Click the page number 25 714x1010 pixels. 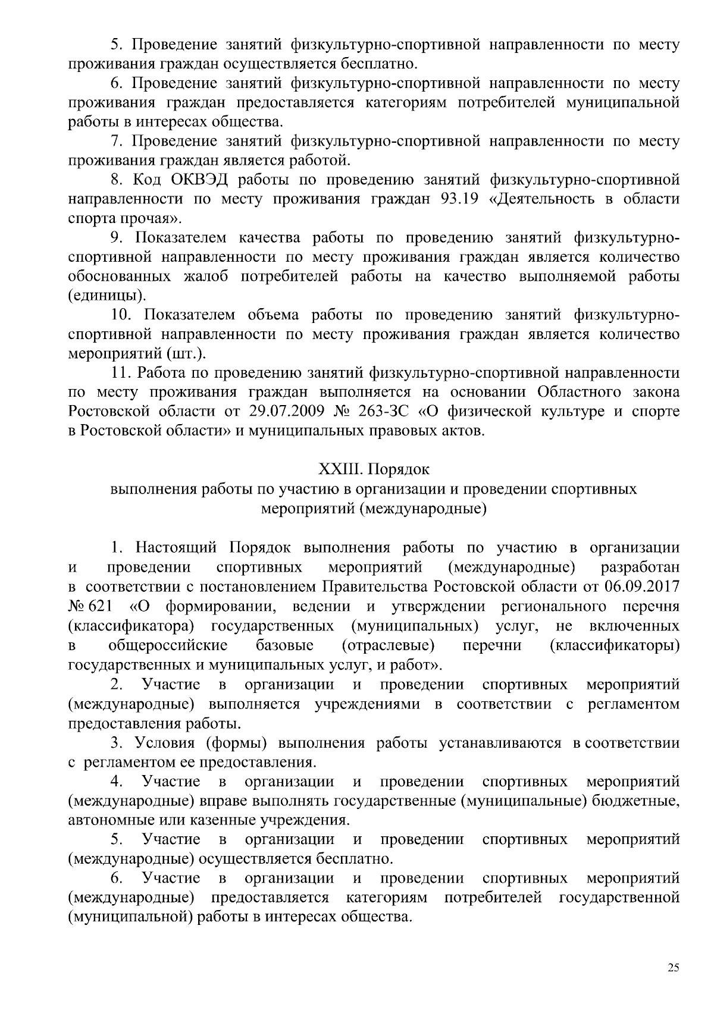pyautogui.click(x=673, y=967)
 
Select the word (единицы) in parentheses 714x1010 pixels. pyautogui.click(x=107, y=296)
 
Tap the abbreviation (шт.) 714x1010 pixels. pyautogui.click(x=186, y=354)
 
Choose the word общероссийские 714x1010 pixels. pyautogui.click(x=168, y=645)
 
